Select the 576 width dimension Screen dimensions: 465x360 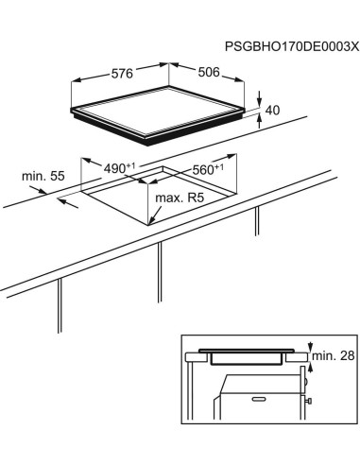[119, 72]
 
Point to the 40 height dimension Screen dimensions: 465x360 [272, 112]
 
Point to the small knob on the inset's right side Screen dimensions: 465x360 [309, 402]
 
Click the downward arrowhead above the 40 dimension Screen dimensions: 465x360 [261, 102]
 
